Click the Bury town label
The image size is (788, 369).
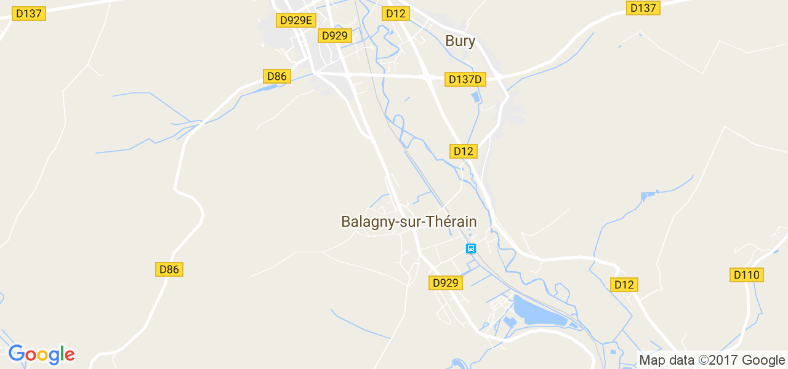pyautogui.click(x=460, y=41)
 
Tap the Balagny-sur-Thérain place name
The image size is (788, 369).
pyautogui.click(x=409, y=221)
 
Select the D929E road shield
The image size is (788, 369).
pyautogui.click(x=297, y=20)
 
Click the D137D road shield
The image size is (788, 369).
pyautogui.click(x=465, y=79)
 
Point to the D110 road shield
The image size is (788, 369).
pyautogui.click(x=747, y=275)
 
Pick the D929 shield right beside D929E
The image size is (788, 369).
pyautogui.click(x=335, y=36)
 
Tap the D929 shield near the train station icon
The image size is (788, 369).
pyautogui.click(x=445, y=283)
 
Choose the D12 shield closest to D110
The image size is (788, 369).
pyautogui.click(x=624, y=285)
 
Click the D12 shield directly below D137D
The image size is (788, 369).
pyautogui.click(x=463, y=151)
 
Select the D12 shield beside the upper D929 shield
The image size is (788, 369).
pyautogui.click(x=395, y=14)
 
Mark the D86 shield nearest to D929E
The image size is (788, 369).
pyautogui.click(x=277, y=76)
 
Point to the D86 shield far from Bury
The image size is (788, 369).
pyautogui.click(x=169, y=269)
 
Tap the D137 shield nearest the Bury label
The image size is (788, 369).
pyautogui.click(x=643, y=8)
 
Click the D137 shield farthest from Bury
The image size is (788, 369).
pyautogui.click(x=28, y=14)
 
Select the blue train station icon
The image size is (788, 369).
pyautogui.click(x=471, y=248)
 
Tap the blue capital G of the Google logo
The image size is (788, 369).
pyautogui.click(x=17, y=354)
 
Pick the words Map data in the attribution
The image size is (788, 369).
pyautogui.click(x=666, y=360)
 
